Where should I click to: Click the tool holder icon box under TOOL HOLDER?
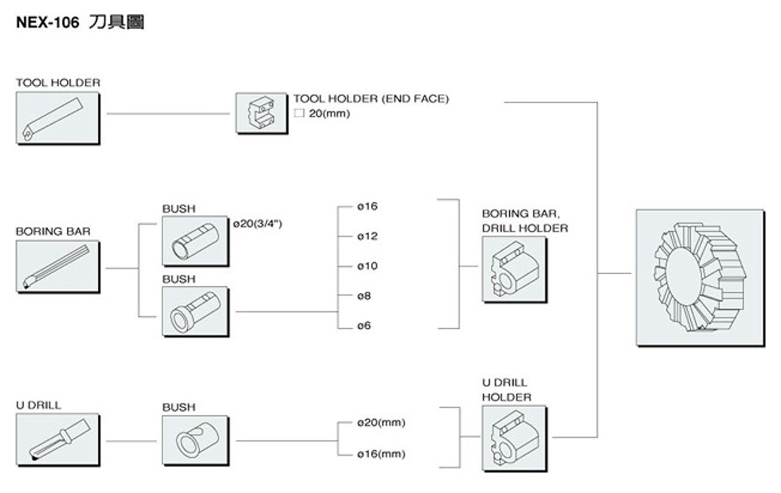point(57,117)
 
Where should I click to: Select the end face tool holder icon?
point(261,112)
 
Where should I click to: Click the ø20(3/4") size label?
point(257,224)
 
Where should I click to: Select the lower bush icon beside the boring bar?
point(194,311)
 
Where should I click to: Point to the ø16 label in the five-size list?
point(367,207)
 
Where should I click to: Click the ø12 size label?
point(367,237)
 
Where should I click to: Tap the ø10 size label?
point(367,266)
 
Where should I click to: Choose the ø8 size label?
point(365,295)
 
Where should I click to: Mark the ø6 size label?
point(365,326)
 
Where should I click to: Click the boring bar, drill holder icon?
point(514,269)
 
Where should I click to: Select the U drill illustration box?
point(57,439)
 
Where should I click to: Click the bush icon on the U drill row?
point(194,440)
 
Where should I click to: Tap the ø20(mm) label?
point(381,422)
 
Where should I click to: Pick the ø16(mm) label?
point(381,454)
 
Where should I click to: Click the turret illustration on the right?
point(700,277)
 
